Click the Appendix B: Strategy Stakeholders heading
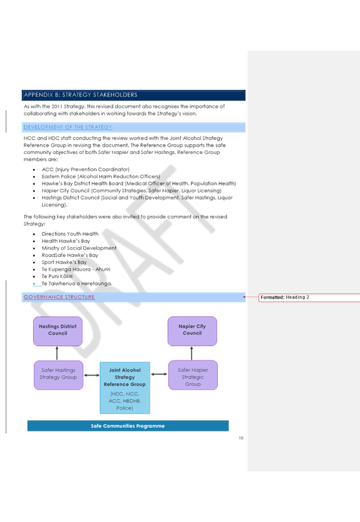pyautogui.click(x=80, y=95)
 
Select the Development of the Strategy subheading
pyautogui.click(x=68, y=127)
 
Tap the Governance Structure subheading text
pyautogui.click(x=59, y=297)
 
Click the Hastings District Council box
pyautogui.click(x=57, y=331)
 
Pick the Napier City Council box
pyautogui.click(x=192, y=331)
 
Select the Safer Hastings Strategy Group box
pyautogui.click(x=58, y=375)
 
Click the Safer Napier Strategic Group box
pyautogui.click(x=193, y=375)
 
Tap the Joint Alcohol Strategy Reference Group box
pyautogui.click(x=125, y=388)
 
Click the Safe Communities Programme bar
pyautogui.click(x=128, y=426)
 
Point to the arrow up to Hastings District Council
pyautogui.click(x=57, y=353)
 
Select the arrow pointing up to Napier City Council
pyautogui.click(x=192, y=353)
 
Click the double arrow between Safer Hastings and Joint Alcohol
pyautogui.click(x=92, y=375)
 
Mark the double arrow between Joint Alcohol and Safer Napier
pyautogui.click(x=159, y=374)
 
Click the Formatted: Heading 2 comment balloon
pyautogui.click(x=309, y=297)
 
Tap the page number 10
pyautogui.click(x=241, y=438)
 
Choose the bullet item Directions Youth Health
pyautogui.click(x=70, y=234)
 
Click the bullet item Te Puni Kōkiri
pyautogui.click(x=57, y=276)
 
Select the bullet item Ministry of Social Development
pyautogui.click(x=79, y=248)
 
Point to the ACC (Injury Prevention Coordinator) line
pyautogui.click(x=85, y=170)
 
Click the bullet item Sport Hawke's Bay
pyautogui.click(x=64, y=263)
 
